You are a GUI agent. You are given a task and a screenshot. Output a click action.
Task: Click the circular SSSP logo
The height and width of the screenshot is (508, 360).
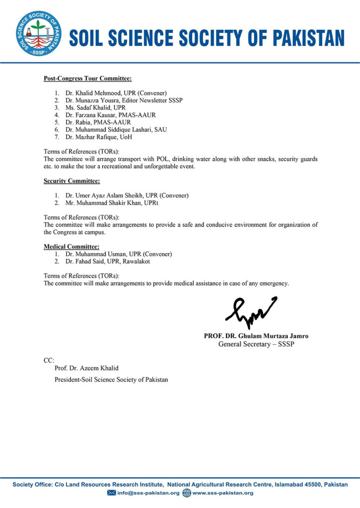(x=39, y=33)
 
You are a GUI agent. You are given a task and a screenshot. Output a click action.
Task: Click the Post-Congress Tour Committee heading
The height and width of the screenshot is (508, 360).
(x=87, y=78)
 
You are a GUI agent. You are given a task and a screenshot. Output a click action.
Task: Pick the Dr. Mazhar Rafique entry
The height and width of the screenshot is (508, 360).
(x=91, y=137)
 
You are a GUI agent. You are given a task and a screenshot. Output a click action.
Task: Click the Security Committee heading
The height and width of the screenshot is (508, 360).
(x=72, y=181)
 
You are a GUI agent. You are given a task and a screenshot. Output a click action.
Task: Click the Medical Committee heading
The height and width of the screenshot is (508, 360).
(x=71, y=247)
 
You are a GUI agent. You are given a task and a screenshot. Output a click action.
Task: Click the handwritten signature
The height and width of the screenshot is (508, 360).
(x=251, y=311)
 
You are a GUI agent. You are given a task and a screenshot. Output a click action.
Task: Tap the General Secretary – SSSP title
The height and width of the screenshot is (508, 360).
(x=256, y=344)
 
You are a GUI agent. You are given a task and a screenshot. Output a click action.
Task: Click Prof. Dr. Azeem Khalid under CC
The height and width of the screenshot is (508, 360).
(x=87, y=368)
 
